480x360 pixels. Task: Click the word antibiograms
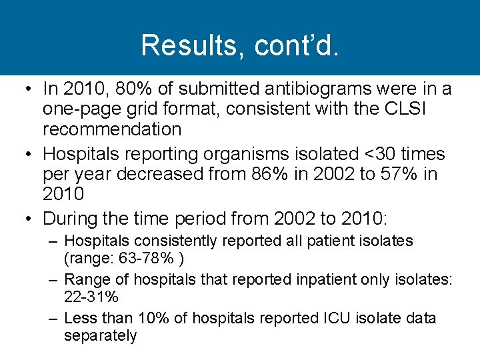click(313, 88)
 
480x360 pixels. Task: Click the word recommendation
click(112, 128)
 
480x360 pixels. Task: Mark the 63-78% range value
click(153, 258)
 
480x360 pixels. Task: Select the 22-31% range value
click(90, 297)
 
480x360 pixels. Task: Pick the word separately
click(100, 335)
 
